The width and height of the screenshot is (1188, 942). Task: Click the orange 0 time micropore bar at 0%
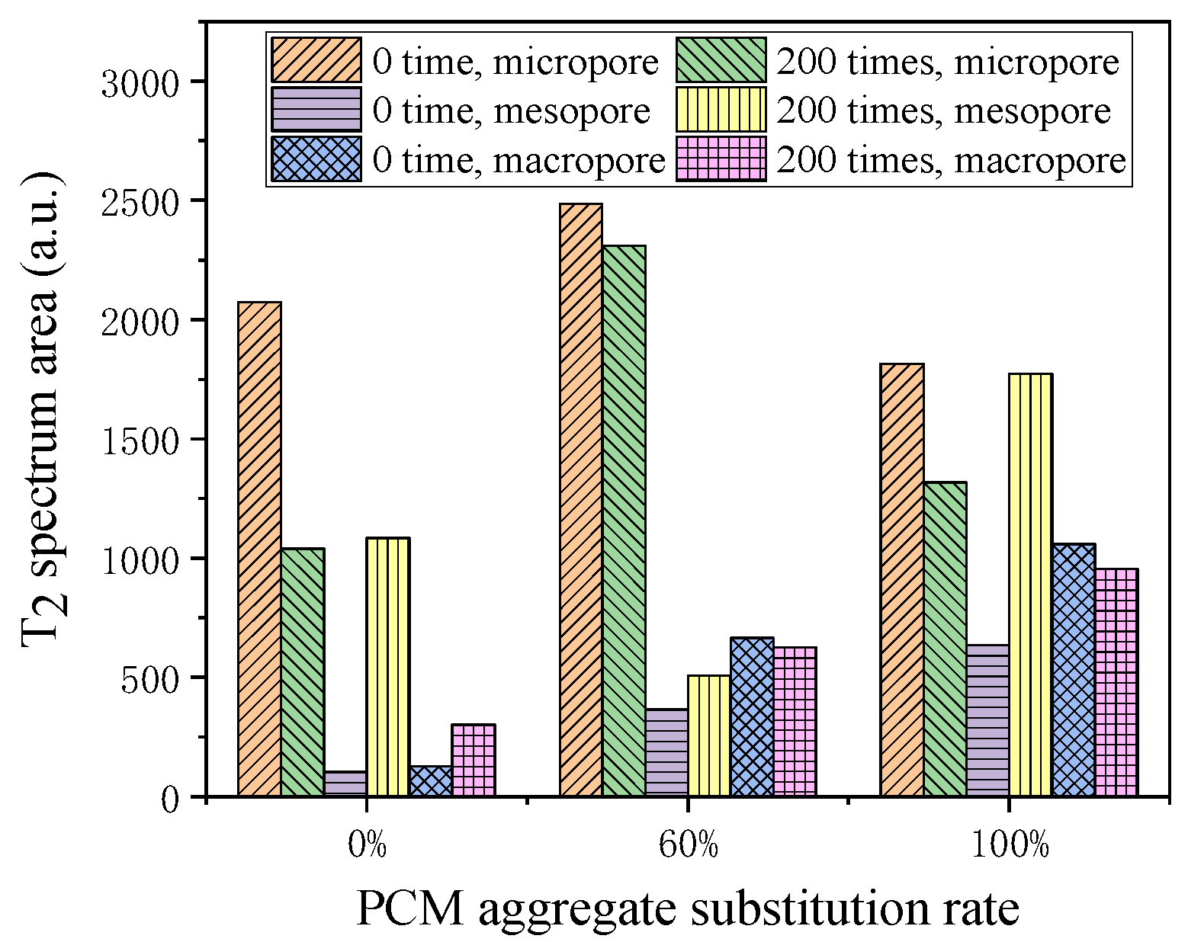click(x=259, y=549)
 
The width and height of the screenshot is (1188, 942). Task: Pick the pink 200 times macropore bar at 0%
click(x=474, y=760)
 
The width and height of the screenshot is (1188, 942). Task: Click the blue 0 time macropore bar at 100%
click(x=1074, y=670)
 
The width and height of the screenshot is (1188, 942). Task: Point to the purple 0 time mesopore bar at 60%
click(x=666, y=752)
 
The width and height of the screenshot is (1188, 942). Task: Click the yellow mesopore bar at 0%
click(x=388, y=667)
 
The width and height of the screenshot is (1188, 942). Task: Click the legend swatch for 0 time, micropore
click(x=316, y=60)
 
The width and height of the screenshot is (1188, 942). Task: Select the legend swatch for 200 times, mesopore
click(x=721, y=110)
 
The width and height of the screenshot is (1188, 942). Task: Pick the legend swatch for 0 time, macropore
click(x=316, y=159)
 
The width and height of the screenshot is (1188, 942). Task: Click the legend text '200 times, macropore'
click(x=951, y=160)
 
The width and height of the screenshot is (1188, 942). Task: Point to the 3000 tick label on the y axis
click(x=140, y=82)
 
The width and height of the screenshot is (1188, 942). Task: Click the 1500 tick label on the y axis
click(x=140, y=440)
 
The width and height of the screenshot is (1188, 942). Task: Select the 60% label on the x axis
click(x=688, y=846)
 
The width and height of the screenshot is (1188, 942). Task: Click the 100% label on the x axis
click(x=1010, y=846)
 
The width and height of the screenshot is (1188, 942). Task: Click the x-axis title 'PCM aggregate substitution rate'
click(x=687, y=909)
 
